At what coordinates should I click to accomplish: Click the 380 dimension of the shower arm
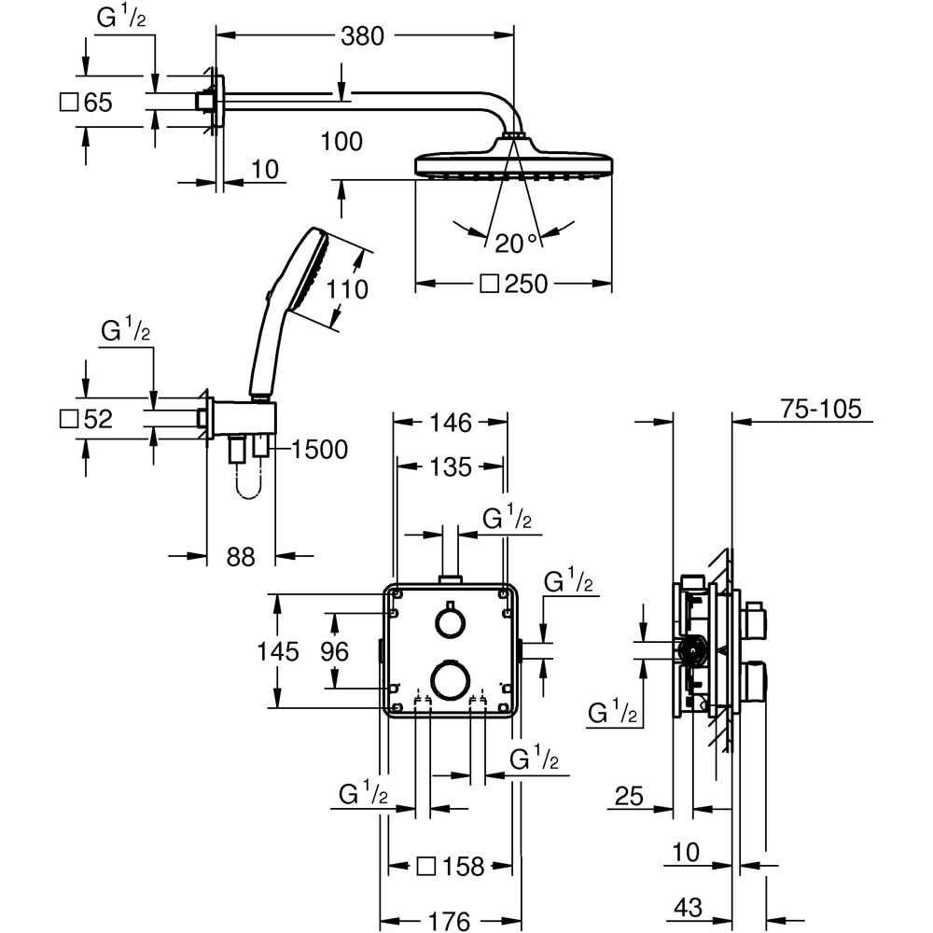coord(362,36)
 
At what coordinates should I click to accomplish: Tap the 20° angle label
coord(516,244)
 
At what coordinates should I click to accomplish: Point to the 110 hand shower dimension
coord(347,290)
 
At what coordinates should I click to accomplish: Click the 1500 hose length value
coord(318,450)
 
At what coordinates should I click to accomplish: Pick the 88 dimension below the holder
coord(241,557)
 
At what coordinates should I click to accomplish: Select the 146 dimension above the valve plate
coord(451,424)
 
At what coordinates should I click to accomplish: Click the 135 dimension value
coord(451,466)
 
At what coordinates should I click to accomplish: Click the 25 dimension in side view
coord(630,796)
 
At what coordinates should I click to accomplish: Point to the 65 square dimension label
coord(87,103)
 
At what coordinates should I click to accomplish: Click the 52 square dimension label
coord(87,420)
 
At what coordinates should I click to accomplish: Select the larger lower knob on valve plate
coord(451,678)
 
